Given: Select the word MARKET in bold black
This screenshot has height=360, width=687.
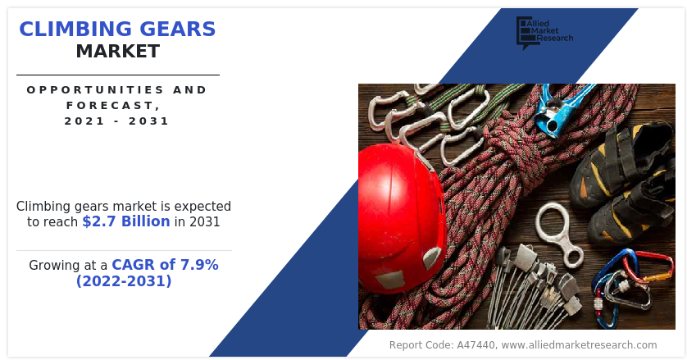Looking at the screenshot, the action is coord(118,52).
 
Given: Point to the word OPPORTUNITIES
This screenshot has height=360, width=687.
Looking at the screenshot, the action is coord(95,90).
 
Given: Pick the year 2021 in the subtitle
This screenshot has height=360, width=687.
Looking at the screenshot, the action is coord(84,121).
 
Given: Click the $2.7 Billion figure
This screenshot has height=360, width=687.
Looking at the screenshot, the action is coord(126,221).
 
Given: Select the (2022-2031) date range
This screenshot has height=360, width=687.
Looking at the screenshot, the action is coord(124,280).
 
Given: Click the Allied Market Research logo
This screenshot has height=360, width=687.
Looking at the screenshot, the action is coord(544,32).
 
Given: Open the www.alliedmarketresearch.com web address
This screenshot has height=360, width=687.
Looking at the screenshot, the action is coord(579,345).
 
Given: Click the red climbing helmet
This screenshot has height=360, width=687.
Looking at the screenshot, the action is coord(402,217).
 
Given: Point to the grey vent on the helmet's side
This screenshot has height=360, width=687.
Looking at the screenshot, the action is coord(432,257).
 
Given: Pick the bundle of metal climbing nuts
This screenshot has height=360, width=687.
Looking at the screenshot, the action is coord(532,285).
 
